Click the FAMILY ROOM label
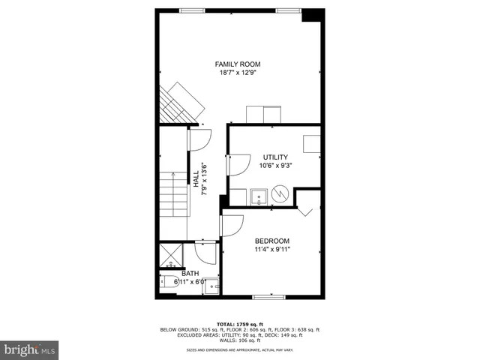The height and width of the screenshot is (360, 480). point(238,64)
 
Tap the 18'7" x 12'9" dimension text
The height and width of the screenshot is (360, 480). point(238,73)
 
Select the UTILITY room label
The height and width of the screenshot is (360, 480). point(274,157)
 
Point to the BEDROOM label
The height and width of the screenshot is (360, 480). point(271,241)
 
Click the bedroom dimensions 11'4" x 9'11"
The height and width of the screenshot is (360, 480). point(271,249)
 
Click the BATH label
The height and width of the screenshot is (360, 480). point(190,274)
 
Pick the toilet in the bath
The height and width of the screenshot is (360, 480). point(169,283)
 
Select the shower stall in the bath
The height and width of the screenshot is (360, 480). point(170,255)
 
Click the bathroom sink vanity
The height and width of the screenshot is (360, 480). point(211,286)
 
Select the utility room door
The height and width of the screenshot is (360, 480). point(238,164)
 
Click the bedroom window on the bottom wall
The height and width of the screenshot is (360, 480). point(268,298)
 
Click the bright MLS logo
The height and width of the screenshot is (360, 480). point(29,349)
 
